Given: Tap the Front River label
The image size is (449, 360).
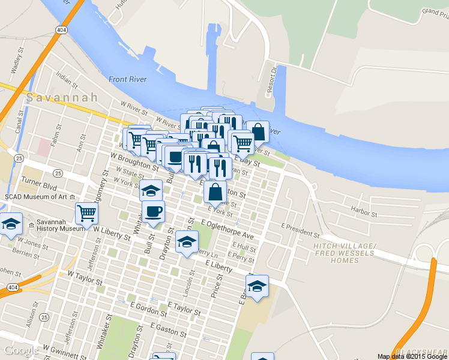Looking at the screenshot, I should point(128,79).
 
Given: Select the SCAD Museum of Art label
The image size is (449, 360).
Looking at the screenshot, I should point(36,196).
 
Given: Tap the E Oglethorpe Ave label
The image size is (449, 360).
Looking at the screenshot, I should point(228,230).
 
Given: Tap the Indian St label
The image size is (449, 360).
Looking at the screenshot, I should point(63,79).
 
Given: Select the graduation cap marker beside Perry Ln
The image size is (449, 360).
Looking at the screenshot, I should point(187,241).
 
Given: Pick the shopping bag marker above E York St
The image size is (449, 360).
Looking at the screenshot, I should point(215,192).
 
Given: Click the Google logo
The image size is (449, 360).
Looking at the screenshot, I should point(22,350).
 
